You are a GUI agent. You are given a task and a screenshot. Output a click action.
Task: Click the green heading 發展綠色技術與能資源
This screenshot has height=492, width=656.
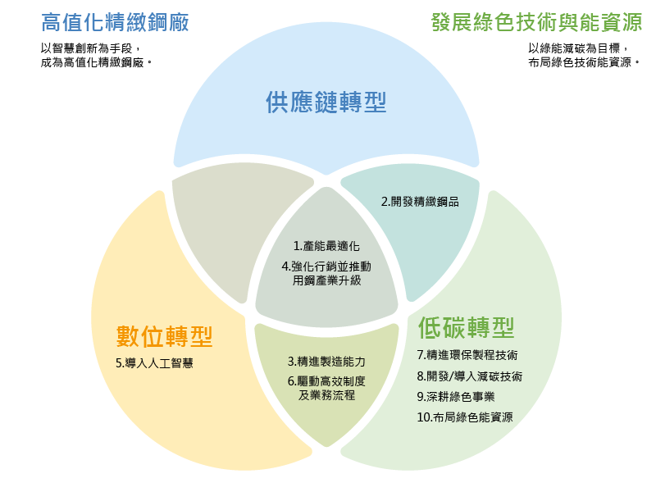536,23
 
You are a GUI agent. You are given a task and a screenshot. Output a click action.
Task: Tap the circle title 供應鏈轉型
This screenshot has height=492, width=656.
326,102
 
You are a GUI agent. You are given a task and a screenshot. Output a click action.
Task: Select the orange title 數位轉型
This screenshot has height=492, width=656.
165,336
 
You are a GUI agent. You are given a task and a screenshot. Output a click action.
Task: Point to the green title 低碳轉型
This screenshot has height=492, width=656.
466,328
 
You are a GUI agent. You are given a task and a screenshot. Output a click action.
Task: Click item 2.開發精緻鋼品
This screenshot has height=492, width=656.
420,201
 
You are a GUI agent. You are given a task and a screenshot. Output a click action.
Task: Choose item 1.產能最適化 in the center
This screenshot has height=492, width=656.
326,246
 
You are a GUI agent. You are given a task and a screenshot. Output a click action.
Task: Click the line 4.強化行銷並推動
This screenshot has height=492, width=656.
326,266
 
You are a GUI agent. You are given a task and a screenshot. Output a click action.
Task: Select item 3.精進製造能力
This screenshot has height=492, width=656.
326,361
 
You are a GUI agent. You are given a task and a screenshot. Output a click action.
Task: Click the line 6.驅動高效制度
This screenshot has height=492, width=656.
326,381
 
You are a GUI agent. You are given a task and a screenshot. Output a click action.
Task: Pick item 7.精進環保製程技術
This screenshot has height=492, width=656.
467,356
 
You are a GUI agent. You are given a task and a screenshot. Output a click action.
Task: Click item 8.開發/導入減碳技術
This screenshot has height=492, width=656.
469,376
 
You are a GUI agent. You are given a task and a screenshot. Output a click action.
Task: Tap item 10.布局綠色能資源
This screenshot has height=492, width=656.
464,417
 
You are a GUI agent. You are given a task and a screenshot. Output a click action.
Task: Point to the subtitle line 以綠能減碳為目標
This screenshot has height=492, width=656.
577,48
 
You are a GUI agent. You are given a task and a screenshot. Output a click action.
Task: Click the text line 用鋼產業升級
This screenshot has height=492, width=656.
326,280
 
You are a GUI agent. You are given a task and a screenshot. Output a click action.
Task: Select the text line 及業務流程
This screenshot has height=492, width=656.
326,395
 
